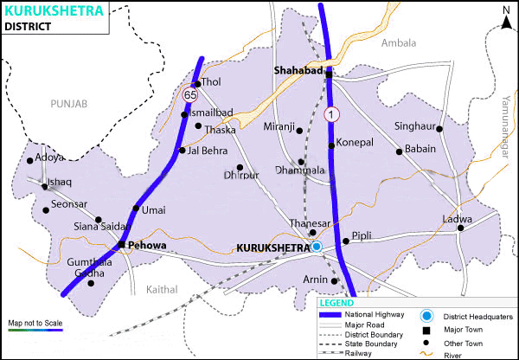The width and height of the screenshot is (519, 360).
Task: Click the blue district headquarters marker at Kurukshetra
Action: (x=317, y=247)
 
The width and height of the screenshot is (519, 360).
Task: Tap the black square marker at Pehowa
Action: (x=122, y=246)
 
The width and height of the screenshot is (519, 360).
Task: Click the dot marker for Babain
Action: (x=400, y=151)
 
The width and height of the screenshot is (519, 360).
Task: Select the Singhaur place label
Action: (x=414, y=125)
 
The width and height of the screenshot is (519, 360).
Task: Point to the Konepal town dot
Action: (x=330, y=142)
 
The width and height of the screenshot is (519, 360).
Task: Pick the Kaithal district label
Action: (x=162, y=288)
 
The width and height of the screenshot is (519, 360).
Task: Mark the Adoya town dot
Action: (x=31, y=160)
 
